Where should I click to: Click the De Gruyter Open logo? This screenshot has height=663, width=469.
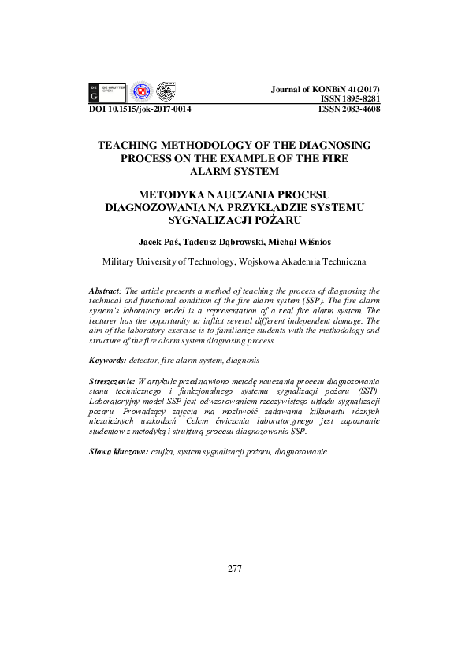[x=107, y=92]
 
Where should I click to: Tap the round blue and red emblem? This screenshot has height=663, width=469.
[x=141, y=92]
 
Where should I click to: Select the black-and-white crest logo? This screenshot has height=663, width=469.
[x=166, y=91]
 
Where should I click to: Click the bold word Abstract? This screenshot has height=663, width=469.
[x=106, y=291]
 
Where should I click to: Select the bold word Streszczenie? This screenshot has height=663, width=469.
[x=112, y=380]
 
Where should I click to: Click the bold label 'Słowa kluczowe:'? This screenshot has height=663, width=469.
[x=118, y=454]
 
